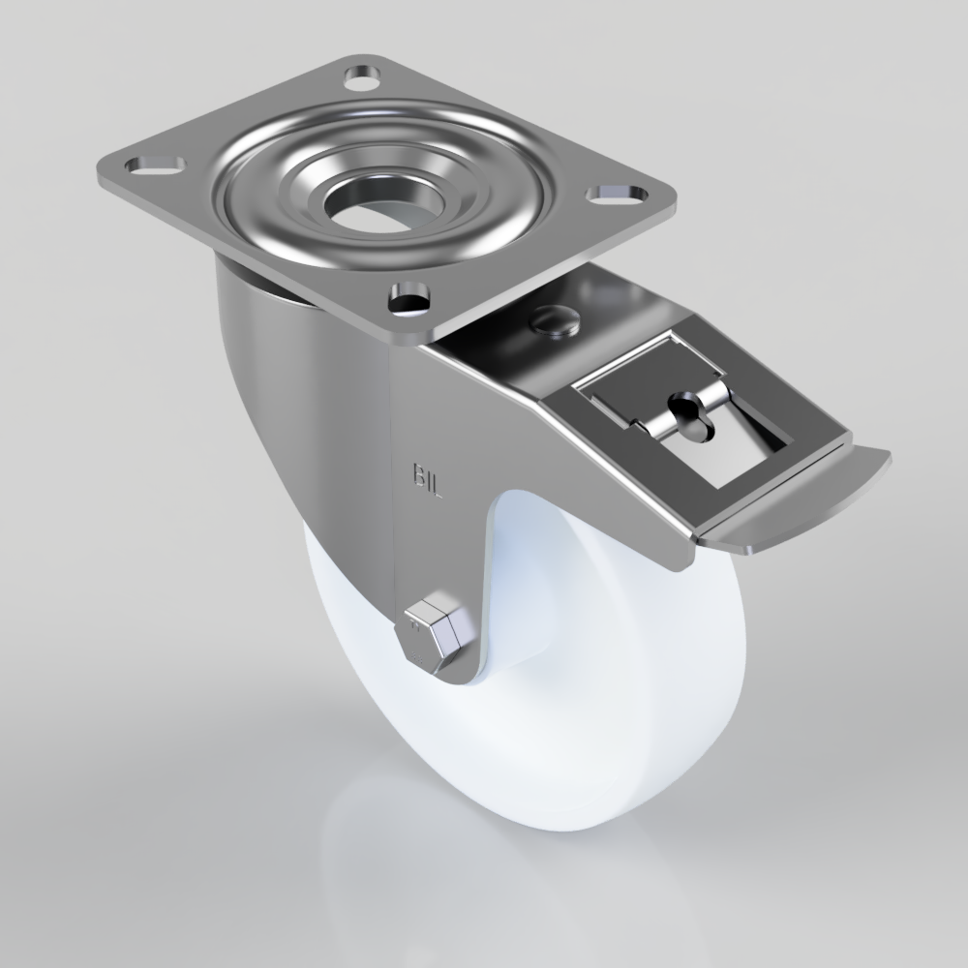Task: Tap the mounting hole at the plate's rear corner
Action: (x=362, y=74)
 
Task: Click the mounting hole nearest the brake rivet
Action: (x=409, y=297)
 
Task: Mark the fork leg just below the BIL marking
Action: (x=431, y=552)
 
